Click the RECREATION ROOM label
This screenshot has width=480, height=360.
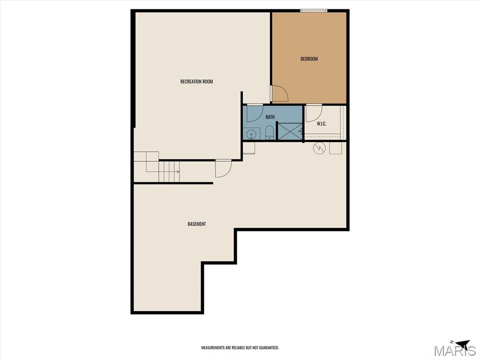pyautogui.click(x=196, y=82)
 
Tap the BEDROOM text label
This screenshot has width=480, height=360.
pyautogui.click(x=309, y=59)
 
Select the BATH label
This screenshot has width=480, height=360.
pyautogui.click(x=270, y=117)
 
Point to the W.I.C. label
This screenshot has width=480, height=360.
pyautogui.click(x=322, y=124)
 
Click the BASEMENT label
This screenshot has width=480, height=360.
pyautogui.click(x=197, y=224)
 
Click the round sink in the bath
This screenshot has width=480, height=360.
pyautogui.click(x=251, y=134)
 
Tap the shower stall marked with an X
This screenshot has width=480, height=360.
pyautogui.click(x=290, y=131)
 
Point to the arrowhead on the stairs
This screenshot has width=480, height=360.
pyautogui.click(x=178, y=172)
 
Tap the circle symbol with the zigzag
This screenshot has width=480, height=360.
pyautogui.click(x=318, y=149)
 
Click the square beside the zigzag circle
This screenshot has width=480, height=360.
pyautogui.click(x=336, y=148)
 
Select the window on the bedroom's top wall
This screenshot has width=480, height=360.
pyautogui.click(x=314, y=11)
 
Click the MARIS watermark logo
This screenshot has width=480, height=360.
pyautogui.click(x=455, y=350)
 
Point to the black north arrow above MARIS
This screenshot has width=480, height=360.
pyautogui.click(x=462, y=343)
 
